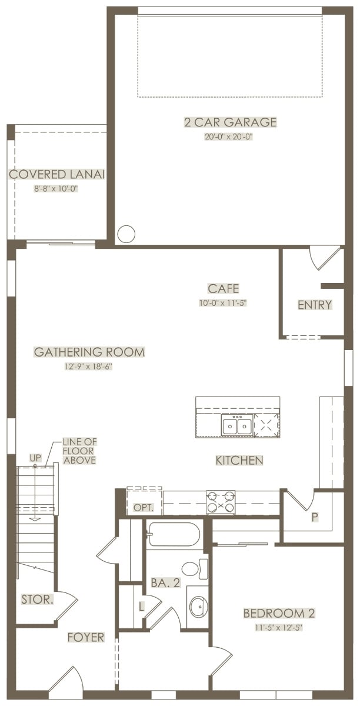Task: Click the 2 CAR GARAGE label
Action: pos(231,122)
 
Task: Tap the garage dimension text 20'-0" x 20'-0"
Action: pos(229,136)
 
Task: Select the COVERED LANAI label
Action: pos(56,174)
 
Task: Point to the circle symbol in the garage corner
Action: pos(126,234)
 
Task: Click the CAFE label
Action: pos(223,288)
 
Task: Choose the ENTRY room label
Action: pos(315,305)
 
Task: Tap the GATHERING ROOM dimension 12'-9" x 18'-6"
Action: pos(89,367)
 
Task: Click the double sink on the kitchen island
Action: pos(236,426)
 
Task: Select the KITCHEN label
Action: pos(239,460)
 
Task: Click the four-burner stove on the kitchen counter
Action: pos(221,502)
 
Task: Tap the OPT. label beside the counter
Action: pos(144,508)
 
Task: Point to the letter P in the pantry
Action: pos(315,517)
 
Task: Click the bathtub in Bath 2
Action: pos(174,534)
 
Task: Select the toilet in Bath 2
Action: pos(195,568)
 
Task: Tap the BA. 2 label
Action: pos(165,583)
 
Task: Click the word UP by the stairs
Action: pos(35,458)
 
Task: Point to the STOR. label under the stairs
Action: pos(37,599)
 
